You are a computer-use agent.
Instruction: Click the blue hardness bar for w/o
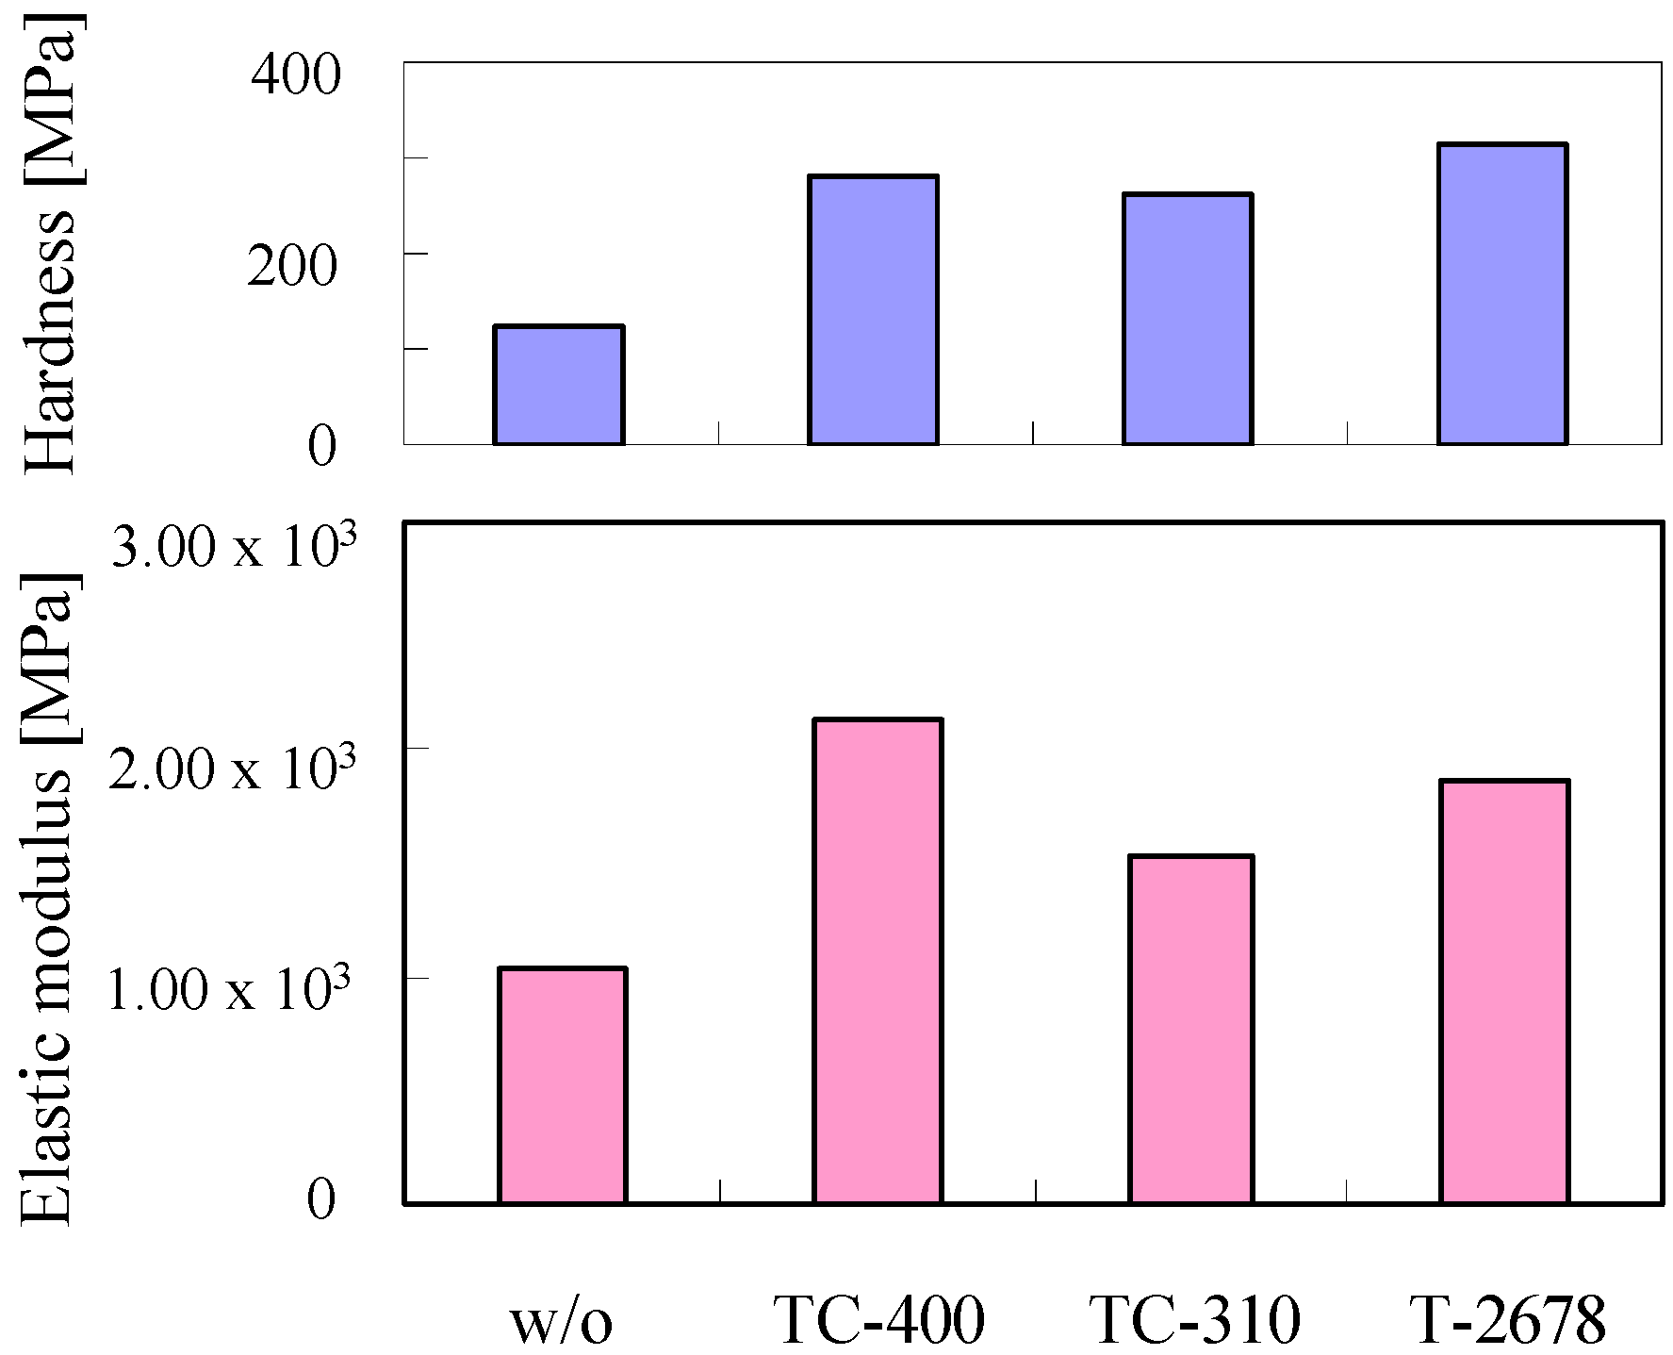[x=559, y=385]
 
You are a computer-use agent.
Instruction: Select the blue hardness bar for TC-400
[x=873, y=309]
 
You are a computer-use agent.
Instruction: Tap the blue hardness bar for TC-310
[x=1188, y=319]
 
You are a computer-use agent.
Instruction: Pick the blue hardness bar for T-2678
[x=1502, y=293]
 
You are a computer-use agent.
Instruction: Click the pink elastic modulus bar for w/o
[x=563, y=1085]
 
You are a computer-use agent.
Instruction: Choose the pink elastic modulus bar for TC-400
[x=878, y=961]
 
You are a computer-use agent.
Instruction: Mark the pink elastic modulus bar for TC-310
[x=1192, y=1030]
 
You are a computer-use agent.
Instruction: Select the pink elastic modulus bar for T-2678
[x=1505, y=991]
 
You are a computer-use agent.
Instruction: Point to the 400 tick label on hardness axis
[x=295, y=74]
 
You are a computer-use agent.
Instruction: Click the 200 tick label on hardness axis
[x=292, y=266]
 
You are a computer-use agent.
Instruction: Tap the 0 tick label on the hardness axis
[x=321, y=446]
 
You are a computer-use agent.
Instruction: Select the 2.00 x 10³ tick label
[x=232, y=768]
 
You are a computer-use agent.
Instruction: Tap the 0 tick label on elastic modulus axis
[x=321, y=1199]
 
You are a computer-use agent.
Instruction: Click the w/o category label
[x=562, y=1320]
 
